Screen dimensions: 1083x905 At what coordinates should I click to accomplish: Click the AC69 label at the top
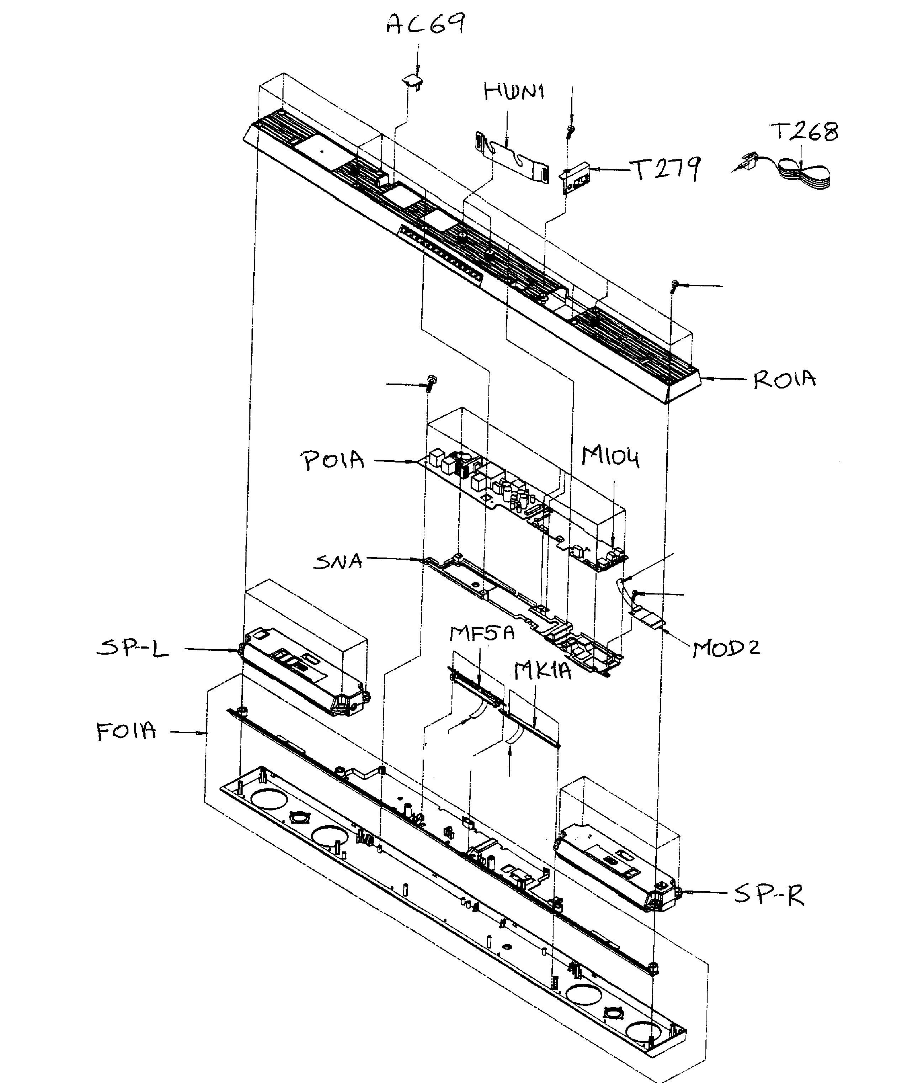point(426,24)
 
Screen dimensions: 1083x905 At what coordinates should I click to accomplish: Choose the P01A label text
point(333,460)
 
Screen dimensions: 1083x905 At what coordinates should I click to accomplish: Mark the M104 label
point(610,456)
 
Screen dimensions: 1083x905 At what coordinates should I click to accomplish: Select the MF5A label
point(482,633)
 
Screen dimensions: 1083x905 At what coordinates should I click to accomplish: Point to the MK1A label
point(543,671)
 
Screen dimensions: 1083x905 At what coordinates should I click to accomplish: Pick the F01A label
point(126,731)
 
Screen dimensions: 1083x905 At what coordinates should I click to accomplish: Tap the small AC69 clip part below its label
point(413,81)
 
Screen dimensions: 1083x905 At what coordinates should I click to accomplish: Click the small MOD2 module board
point(647,617)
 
